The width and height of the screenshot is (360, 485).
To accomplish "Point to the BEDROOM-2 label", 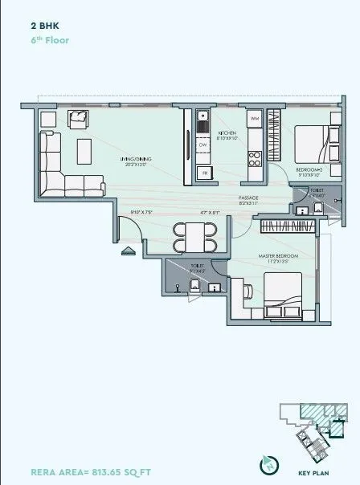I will click(x=309, y=170).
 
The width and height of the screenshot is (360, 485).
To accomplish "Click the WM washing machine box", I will click(x=256, y=120).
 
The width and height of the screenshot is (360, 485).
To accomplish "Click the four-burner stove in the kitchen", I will click(x=256, y=150).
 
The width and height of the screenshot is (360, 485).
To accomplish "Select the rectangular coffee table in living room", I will click(x=84, y=149).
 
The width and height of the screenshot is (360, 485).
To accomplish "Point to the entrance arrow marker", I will click(x=126, y=251).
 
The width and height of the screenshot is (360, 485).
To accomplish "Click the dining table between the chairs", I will click(x=194, y=238).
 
